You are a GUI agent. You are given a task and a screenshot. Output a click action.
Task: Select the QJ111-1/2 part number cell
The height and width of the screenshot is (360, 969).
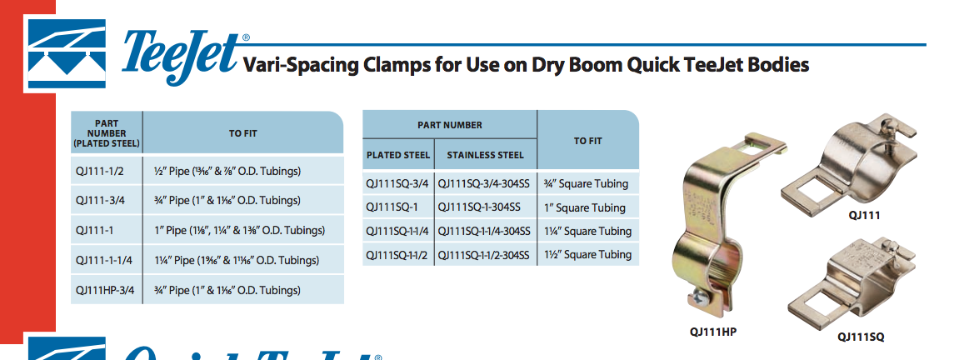(x=107, y=171)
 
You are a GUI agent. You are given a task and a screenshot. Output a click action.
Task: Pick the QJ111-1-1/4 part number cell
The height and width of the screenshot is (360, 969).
(x=107, y=260)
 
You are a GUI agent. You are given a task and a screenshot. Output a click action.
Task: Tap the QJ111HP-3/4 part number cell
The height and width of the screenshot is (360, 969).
(x=107, y=290)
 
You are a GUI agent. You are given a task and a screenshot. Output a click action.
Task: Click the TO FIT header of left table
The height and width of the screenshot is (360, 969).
(x=242, y=133)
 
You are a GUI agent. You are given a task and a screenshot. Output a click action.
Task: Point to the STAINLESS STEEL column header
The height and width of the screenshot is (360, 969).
(x=485, y=155)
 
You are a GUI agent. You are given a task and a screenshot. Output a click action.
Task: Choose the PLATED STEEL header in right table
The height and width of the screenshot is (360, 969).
(x=398, y=155)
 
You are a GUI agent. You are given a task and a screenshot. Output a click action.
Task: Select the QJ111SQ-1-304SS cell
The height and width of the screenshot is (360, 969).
(x=485, y=207)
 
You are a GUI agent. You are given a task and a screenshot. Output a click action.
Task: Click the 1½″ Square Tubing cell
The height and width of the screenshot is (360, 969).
(x=587, y=254)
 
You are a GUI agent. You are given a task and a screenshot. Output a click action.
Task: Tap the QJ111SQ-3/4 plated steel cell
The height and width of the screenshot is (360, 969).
(x=398, y=183)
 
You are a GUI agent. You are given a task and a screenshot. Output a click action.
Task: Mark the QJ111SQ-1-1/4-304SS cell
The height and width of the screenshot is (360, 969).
(x=485, y=231)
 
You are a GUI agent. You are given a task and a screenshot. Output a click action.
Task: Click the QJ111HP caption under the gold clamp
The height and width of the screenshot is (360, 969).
(x=713, y=332)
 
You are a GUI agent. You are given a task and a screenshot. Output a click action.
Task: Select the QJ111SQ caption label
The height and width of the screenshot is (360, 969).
(x=861, y=337)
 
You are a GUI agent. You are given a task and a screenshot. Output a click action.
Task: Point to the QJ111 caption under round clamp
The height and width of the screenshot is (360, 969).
(x=865, y=216)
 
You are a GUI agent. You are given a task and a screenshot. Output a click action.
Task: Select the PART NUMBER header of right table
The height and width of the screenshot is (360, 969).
(x=450, y=125)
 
